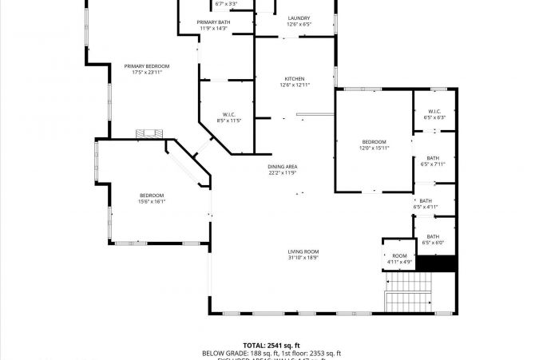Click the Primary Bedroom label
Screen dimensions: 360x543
click(x=146, y=66)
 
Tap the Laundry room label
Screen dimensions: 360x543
click(x=299, y=18)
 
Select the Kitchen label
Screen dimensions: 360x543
click(x=295, y=79)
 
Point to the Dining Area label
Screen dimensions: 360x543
click(x=283, y=166)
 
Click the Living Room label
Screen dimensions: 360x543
click(x=303, y=251)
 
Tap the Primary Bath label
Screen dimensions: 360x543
click(x=213, y=22)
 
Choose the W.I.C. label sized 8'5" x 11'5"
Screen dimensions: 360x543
click(x=228, y=114)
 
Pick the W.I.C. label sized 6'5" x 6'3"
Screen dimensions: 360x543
click(x=434, y=111)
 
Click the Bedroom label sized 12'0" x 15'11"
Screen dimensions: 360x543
click(x=374, y=141)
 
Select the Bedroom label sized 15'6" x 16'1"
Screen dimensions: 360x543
click(x=152, y=196)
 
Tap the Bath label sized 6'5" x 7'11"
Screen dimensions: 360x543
click(x=433, y=158)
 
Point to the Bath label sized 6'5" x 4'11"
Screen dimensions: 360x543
click(x=426, y=200)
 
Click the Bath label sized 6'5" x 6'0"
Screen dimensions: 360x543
click(x=433, y=236)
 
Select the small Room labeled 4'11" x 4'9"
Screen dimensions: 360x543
click(x=399, y=255)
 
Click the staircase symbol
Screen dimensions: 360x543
click(x=409, y=292)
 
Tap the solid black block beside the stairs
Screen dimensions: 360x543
click(x=437, y=263)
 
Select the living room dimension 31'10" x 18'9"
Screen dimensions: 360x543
click(x=303, y=258)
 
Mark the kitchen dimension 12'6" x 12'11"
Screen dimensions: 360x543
click(x=295, y=85)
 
